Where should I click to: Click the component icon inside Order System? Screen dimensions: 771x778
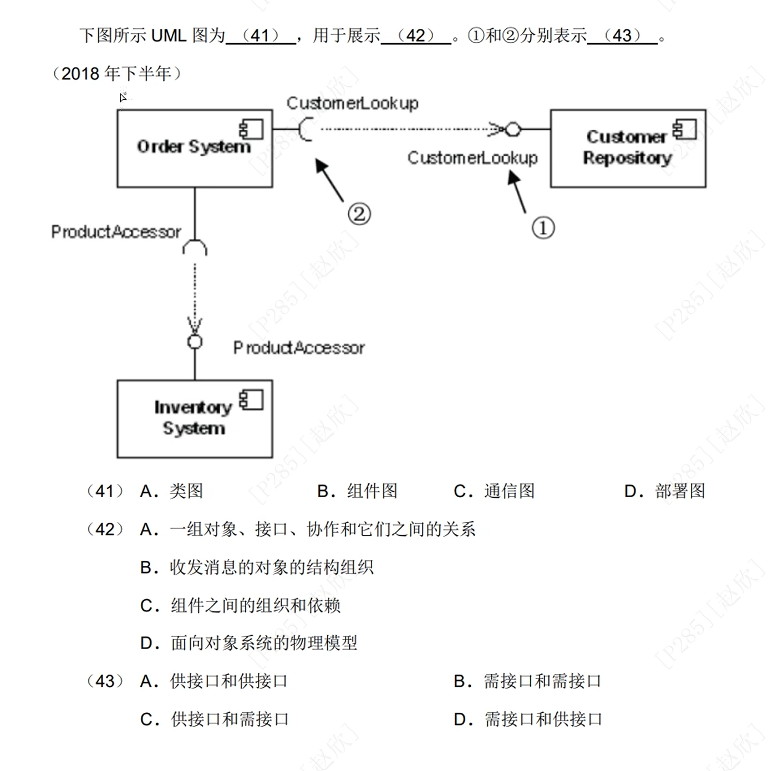(251, 129)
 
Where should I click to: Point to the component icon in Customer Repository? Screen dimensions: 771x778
(684, 129)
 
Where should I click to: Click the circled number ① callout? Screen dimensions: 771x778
(543, 228)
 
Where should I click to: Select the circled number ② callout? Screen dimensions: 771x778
(359, 214)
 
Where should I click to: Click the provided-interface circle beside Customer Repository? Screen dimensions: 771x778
(513, 129)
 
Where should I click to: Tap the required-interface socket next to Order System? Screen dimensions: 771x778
(305, 129)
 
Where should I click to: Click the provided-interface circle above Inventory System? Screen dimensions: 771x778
(195, 341)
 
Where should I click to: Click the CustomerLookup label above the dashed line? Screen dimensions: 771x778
(352, 103)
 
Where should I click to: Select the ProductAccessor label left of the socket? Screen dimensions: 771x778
(116, 232)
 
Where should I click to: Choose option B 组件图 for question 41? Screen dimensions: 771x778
(357, 491)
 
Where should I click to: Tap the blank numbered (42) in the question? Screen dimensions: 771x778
(416, 36)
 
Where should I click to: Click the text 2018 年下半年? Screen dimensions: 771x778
(116, 73)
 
